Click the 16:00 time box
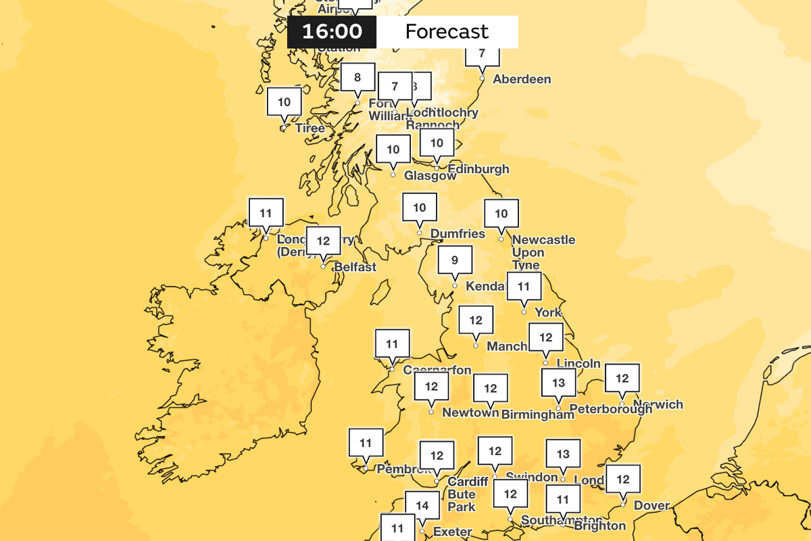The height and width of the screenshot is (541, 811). point(332,32)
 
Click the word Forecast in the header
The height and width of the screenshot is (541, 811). point(446,32)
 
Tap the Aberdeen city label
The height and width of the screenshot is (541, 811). point(522,79)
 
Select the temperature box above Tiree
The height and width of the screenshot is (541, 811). point(285,102)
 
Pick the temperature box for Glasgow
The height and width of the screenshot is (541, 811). point(393,149)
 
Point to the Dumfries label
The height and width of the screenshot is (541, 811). point(458,234)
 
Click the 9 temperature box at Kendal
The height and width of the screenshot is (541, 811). point(455,260)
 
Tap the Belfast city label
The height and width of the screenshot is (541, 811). point(355,267)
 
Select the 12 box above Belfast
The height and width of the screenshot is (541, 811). point(323,240)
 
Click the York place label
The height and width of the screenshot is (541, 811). point(548,312)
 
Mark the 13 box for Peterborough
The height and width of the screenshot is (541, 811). point(558,383)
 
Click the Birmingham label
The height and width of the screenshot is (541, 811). point(537,415)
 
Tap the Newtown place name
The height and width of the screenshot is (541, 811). point(470,413)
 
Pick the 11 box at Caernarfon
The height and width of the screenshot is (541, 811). point(392,344)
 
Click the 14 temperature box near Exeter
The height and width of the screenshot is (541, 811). point(422,505)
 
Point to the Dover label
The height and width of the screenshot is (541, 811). point(652,505)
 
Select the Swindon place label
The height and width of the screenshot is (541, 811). point(531,477)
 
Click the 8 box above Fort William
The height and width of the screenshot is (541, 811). point(358,77)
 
